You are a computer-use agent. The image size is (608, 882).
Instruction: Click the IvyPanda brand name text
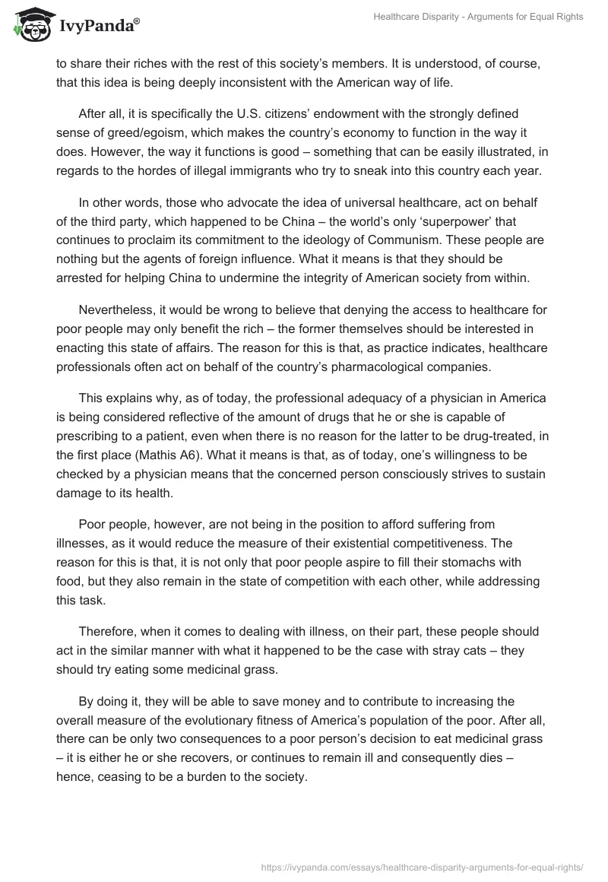[x=97, y=27]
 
